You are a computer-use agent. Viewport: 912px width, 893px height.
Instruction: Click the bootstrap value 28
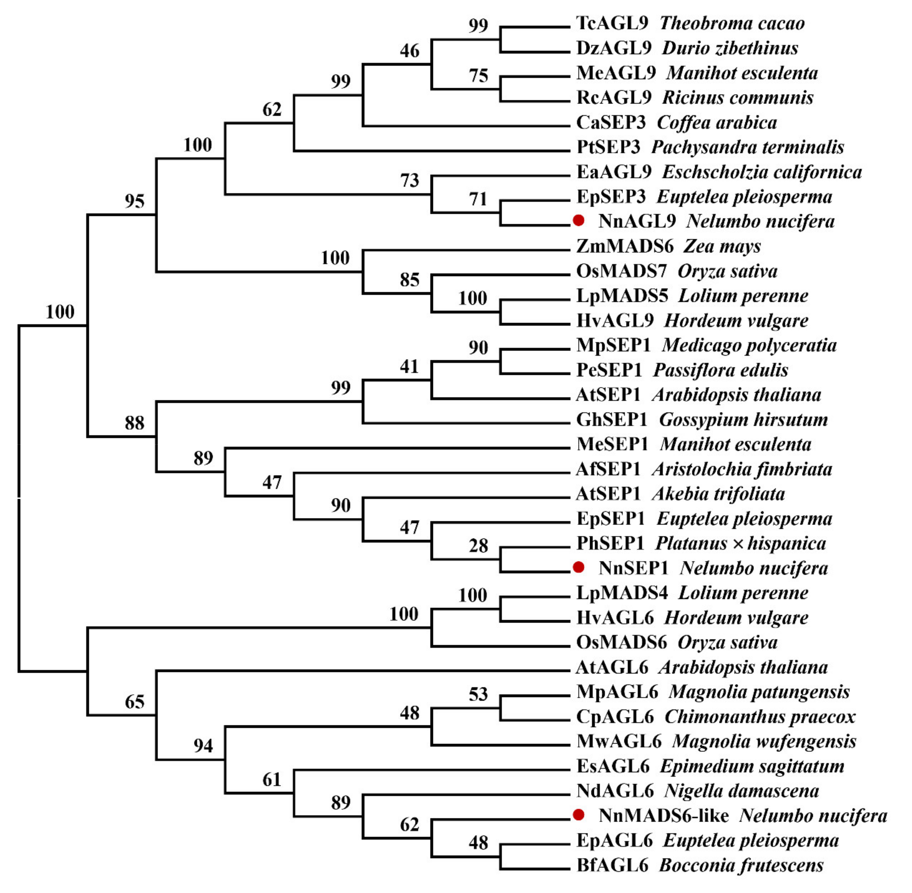click(x=478, y=546)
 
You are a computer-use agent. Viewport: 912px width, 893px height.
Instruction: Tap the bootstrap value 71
click(x=478, y=199)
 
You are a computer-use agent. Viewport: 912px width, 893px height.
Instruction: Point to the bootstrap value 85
click(x=409, y=280)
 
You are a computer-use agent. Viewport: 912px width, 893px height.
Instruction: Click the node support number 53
click(x=478, y=694)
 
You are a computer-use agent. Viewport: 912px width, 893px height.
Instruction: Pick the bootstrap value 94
click(x=203, y=746)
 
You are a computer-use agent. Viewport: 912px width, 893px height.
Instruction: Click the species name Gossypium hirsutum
click(x=743, y=419)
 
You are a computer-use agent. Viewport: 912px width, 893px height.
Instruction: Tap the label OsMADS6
click(x=621, y=642)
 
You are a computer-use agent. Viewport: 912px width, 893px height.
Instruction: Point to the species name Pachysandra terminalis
click(x=747, y=147)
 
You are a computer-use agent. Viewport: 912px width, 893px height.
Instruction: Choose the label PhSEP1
click(x=610, y=543)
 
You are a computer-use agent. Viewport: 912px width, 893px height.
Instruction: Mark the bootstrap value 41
click(x=409, y=366)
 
